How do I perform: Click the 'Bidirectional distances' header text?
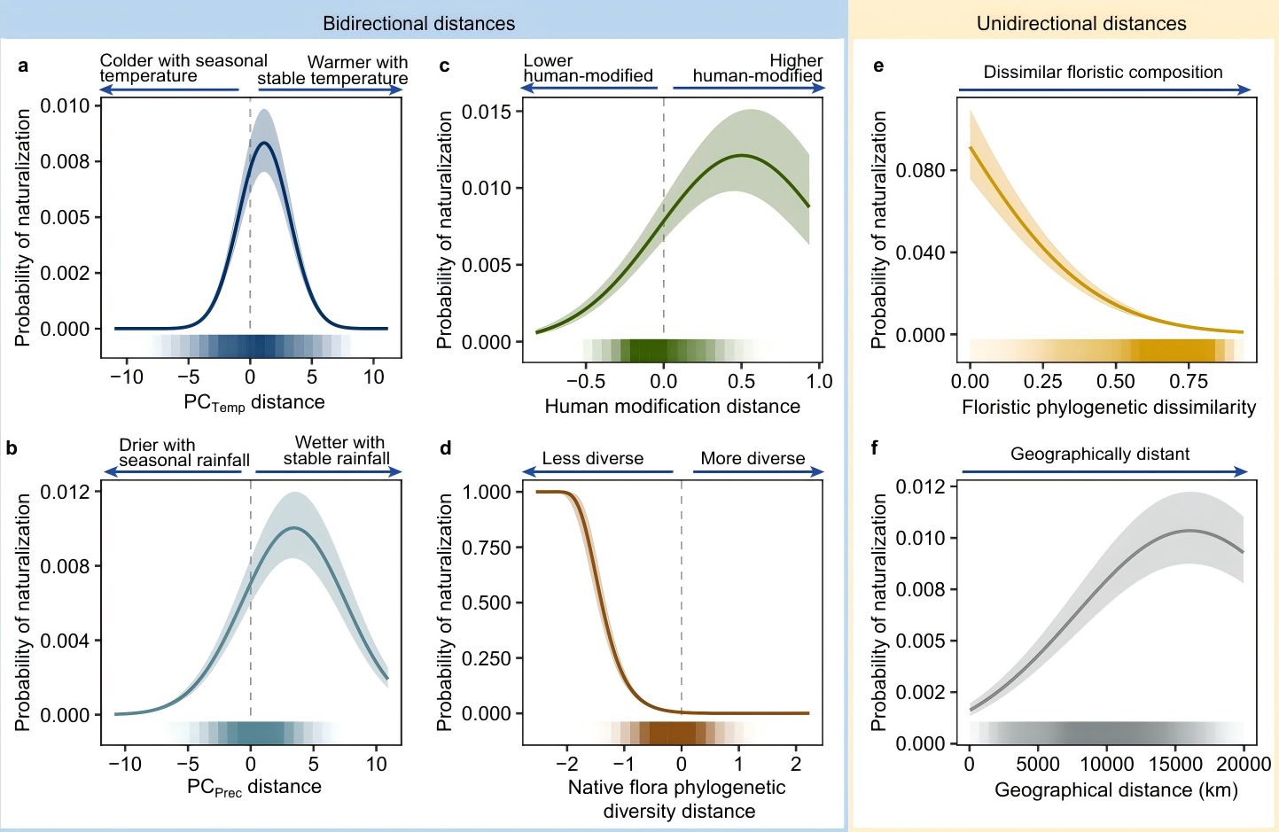[418, 24]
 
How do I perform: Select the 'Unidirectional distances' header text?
[1081, 24]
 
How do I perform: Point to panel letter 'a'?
[23, 66]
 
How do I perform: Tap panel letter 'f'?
[875, 447]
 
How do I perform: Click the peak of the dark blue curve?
[263, 143]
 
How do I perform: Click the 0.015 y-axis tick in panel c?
[487, 112]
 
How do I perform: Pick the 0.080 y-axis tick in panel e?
[920, 170]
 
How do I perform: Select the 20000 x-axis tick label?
[1243, 764]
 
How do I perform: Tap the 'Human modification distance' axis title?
[672, 407]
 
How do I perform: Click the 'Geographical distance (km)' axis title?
[1116, 790]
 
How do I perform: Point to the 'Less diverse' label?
[592, 459]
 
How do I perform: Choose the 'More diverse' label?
[753, 459]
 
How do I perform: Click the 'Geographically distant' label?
[1100, 455]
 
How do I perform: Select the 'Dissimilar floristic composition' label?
[1103, 73]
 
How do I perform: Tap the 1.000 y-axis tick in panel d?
[487, 493]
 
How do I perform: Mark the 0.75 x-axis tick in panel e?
[1189, 382]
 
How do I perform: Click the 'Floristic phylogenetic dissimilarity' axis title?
[1109, 408]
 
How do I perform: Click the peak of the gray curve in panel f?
[1189, 530]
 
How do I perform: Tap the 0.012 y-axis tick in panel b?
[65, 493]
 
